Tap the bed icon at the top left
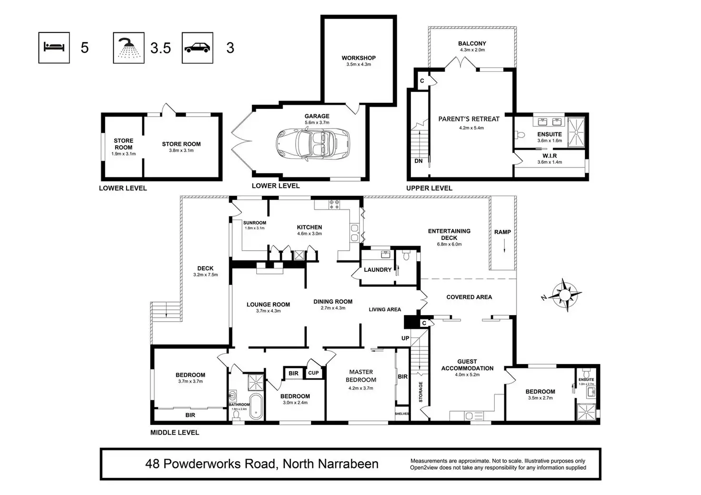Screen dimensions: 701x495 click(54, 47)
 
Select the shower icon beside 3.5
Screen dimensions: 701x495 click(129, 48)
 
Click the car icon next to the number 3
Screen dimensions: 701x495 click(197, 48)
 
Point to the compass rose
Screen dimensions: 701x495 click(564, 295)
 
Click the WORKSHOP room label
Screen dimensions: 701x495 click(359, 58)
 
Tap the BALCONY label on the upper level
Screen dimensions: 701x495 click(472, 43)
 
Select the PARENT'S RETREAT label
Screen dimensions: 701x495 click(469, 119)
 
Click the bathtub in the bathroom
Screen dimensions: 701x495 click(256, 406)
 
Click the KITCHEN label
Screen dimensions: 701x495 click(310, 228)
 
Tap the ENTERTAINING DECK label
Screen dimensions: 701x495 click(449, 234)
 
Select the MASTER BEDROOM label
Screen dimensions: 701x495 click(361, 376)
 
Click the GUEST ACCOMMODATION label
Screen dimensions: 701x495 click(467, 365)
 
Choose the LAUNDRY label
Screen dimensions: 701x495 click(378, 270)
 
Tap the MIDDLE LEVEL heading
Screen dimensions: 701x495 click(175, 433)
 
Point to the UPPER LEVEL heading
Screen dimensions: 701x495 click(429, 188)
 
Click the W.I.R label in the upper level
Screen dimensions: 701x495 click(550, 156)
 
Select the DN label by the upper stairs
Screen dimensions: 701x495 click(419, 161)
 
